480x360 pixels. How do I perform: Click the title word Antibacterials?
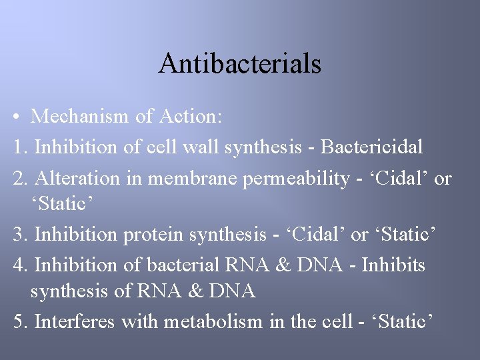[x=240, y=63]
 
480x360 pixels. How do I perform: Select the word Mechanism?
[x=80, y=117]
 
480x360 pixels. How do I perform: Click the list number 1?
[x=19, y=146]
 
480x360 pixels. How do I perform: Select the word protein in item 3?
[x=153, y=235]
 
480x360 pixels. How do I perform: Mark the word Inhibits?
[x=393, y=265]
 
